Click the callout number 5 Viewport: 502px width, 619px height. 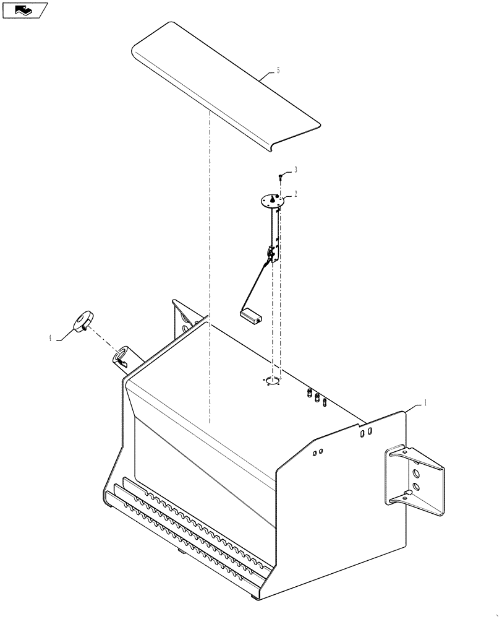tap(278, 71)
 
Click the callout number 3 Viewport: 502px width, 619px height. tap(296, 169)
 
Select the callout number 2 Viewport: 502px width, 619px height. tap(296, 194)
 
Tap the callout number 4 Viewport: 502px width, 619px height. tap(50, 338)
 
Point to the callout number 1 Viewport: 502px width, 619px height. tap(425, 402)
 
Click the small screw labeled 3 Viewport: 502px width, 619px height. tap(281, 176)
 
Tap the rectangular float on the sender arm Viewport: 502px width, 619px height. tap(250, 315)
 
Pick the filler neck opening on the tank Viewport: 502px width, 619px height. tap(120, 357)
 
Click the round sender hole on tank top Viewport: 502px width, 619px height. tap(273, 381)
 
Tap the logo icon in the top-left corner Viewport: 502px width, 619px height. tap(25, 10)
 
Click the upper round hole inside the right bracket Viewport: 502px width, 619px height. tap(414, 474)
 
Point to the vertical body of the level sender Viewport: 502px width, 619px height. tap(274, 229)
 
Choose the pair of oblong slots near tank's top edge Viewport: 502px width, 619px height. tap(365, 432)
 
